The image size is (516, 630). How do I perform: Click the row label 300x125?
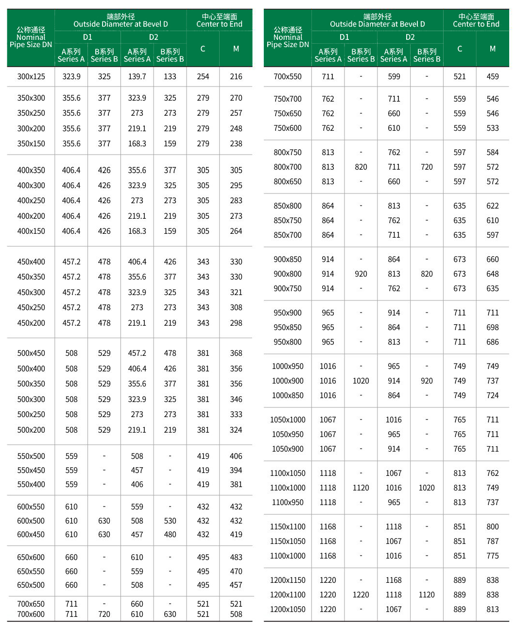[x=31, y=76]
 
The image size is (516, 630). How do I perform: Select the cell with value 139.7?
[x=137, y=76]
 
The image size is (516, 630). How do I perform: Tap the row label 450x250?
[x=31, y=307]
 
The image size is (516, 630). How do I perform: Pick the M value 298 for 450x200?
[x=236, y=323]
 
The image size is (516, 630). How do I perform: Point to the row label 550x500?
[x=31, y=456]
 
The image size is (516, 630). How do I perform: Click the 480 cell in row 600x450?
[x=170, y=534]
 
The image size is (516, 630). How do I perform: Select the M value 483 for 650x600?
[x=236, y=557]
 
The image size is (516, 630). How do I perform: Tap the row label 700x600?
[x=31, y=614]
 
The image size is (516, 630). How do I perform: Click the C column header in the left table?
[x=203, y=49]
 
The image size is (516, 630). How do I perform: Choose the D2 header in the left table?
[x=154, y=37]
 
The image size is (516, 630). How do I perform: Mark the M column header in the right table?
[x=493, y=49]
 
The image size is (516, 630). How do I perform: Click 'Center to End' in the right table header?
[x=476, y=24]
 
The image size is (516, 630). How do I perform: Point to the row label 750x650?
[x=288, y=113]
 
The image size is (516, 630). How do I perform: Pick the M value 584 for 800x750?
[x=493, y=152]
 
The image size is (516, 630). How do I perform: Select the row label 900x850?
[x=288, y=259]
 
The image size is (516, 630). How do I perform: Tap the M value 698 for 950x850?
[x=493, y=327]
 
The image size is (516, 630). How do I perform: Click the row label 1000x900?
[x=288, y=381]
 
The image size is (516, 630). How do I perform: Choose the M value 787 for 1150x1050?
[x=493, y=541]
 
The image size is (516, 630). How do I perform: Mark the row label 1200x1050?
[x=288, y=609]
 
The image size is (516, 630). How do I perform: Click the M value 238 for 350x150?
[x=236, y=143]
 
